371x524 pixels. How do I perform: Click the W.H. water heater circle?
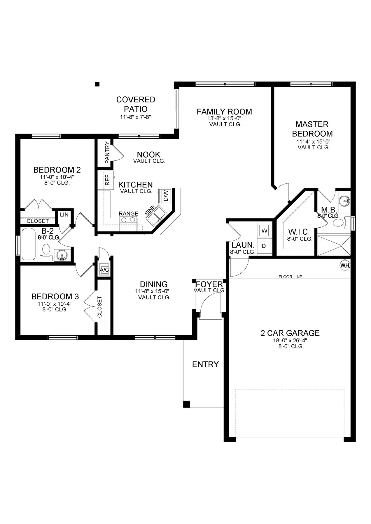tap(345, 265)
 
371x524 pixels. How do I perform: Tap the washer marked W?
tap(264, 231)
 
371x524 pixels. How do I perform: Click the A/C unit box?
tap(104, 270)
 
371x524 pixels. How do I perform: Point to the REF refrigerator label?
tap(107, 180)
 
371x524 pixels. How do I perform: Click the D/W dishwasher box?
tap(165, 196)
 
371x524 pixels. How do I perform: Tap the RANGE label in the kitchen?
tap(128, 214)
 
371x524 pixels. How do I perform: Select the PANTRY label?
tap(107, 152)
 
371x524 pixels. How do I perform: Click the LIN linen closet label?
tap(64, 215)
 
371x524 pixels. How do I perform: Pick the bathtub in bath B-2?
tap(29, 244)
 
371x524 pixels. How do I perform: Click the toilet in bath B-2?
tap(46, 252)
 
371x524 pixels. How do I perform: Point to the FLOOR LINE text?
tap(290, 277)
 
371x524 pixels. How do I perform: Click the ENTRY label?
tap(205, 364)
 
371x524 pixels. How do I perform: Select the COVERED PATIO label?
tap(136, 104)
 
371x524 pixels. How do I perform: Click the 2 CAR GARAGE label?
tap(290, 333)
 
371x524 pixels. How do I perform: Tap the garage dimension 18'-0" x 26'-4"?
tap(290, 340)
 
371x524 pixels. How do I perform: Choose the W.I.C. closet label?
tap(299, 232)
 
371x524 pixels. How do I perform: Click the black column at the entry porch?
tap(187, 404)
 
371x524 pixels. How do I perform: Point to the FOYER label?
tap(209, 284)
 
